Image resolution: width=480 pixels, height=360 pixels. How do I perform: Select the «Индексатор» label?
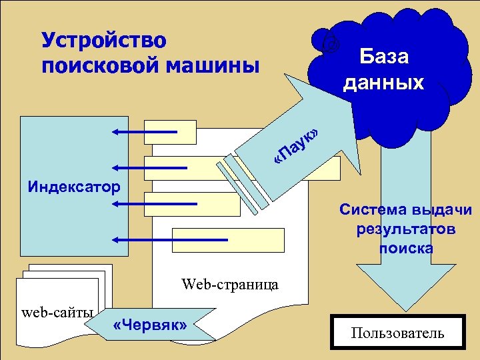pos(74,185)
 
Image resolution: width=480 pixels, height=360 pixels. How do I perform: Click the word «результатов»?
pos(406,229)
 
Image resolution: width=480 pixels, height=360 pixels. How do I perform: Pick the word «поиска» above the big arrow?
pos(406,249)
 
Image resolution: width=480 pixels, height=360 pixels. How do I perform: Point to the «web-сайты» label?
pos(58,312)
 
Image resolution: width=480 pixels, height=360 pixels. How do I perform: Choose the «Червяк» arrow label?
pos(151,325)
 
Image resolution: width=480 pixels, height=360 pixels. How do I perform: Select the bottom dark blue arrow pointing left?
pos(170,239)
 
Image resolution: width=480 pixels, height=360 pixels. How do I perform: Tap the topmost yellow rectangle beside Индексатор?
pos(171,132)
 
